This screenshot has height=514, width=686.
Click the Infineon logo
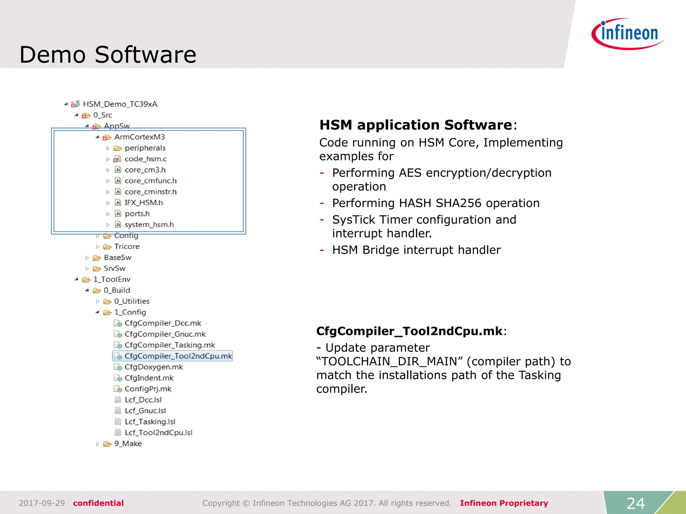(x=627, y=33)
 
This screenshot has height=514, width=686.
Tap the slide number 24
(x=635, y=503)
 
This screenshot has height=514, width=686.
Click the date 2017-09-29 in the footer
(x=42, y=503)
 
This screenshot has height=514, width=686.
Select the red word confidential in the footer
(x=98, y=503)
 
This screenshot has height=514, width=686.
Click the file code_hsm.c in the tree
(x=145, y=159)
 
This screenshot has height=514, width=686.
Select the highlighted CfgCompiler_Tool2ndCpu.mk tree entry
(x=178, y=356)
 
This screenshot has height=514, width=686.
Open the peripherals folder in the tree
(x=145, y=148)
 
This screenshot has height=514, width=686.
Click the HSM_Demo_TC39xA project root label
(x=120, y=104)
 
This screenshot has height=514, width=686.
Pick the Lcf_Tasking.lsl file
(x=150, y=422)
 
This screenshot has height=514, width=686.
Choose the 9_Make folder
(x=128, y=444)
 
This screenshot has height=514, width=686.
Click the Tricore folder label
(x=127, y=247)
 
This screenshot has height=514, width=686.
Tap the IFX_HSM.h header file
(x=143, y=203)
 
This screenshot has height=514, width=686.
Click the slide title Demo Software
(x=108, y=55)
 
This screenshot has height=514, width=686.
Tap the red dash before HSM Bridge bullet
(x=322, y=250)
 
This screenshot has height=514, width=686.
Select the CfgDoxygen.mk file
(x=153, y=367)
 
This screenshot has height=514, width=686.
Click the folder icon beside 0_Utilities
(x=107, y=302)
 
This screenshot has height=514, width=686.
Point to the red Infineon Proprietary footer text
(x=504, y=503)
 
